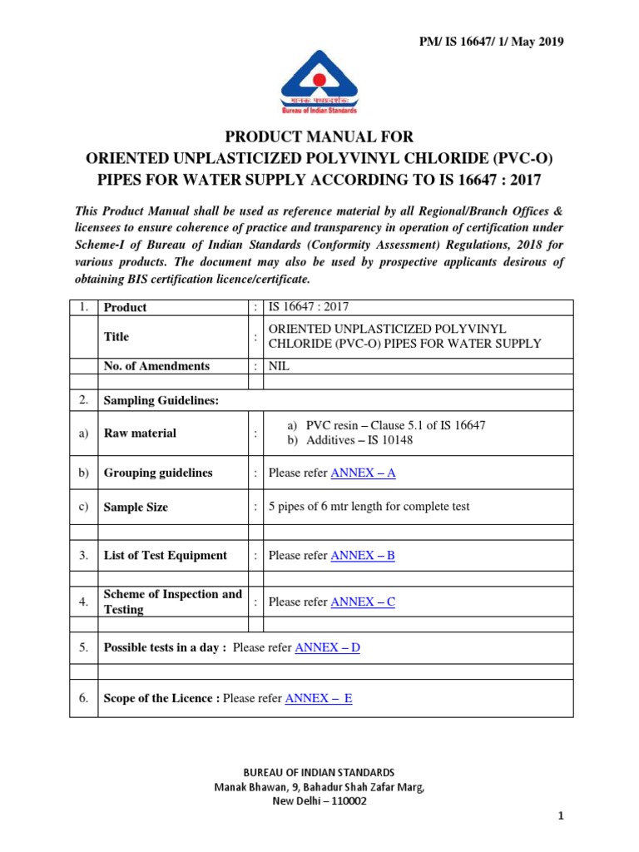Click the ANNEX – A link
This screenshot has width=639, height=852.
point(363,473)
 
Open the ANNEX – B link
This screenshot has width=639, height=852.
point(363,555)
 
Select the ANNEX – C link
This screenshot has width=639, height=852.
point(363,602)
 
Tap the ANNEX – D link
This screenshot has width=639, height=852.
point(328,647)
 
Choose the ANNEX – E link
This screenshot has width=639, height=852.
point(319,698)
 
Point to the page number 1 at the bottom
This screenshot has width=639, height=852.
point(562,816)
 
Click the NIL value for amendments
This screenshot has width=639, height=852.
point(279,366)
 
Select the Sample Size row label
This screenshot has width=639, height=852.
point(136,507)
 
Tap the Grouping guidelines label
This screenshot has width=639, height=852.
point(157,473)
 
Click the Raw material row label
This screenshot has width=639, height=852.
point(140,433)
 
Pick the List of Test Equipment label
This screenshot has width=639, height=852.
point(165,555)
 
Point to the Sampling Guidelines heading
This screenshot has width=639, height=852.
point(161,400)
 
